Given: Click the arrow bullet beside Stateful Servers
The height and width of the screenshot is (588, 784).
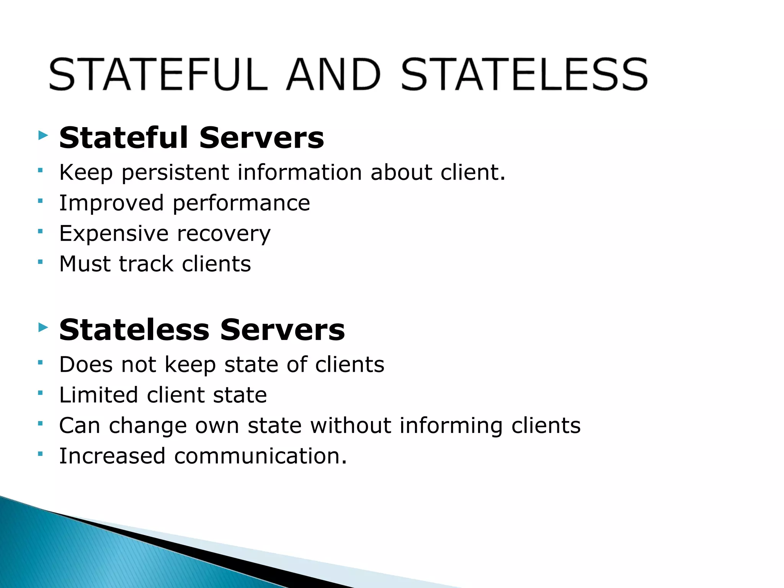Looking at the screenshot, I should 43,135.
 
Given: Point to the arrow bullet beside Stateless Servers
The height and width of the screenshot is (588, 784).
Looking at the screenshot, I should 43,327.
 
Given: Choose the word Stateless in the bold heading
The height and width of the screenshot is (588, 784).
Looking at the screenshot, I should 134,330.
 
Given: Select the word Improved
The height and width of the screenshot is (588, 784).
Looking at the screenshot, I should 111,203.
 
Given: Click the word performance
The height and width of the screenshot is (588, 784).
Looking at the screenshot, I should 241,203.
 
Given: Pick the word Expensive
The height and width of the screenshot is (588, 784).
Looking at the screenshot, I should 114,234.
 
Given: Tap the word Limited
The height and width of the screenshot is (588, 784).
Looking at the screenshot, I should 98,395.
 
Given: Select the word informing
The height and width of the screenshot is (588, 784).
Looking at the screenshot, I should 451,426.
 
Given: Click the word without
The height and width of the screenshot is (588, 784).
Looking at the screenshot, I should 350,425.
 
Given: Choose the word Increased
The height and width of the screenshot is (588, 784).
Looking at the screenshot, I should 112,456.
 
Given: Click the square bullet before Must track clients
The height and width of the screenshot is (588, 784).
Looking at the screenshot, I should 40,262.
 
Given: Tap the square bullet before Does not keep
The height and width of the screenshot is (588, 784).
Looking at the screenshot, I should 40,362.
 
